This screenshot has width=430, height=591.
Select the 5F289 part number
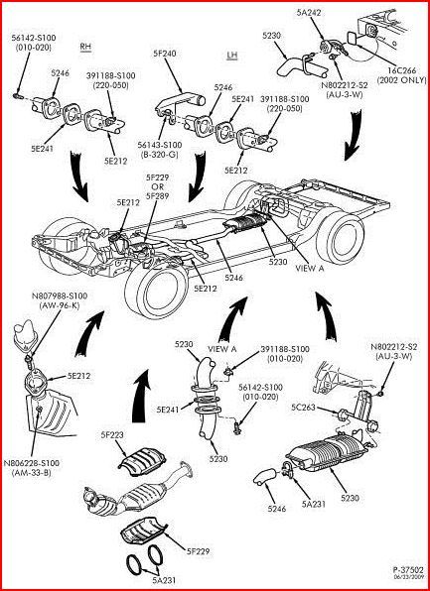(x=158, y=195)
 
